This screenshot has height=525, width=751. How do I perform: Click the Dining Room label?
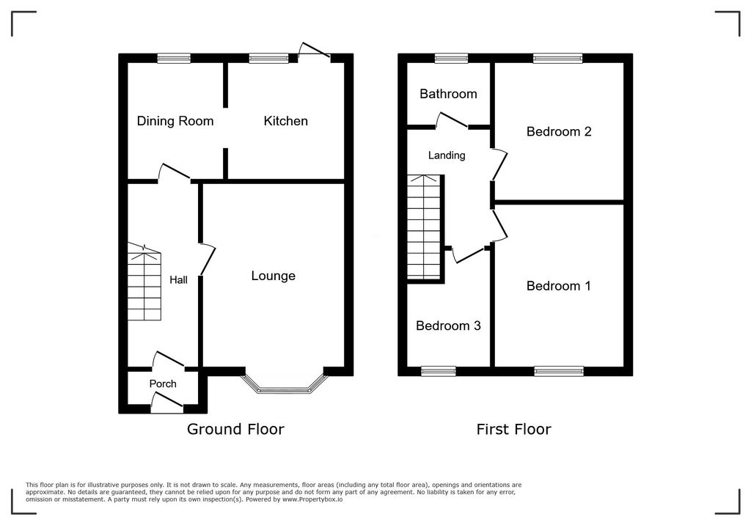point(175,121)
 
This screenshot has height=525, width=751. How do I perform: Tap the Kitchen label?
point(285,121)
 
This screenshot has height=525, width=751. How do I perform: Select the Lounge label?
point(273,276)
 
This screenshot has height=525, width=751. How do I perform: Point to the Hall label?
point(178,279)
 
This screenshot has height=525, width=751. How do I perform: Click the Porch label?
point(163,383)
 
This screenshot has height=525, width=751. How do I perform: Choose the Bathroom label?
point(448,94)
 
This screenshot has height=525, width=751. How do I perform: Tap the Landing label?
point(447,155)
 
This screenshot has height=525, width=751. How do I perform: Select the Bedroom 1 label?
point(558,286)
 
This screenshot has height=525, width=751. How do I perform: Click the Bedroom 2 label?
point(559,132)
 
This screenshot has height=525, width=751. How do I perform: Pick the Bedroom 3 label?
point(448,326)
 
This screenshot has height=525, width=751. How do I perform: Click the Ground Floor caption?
point(235,429)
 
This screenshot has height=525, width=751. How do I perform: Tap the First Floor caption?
point(513,429)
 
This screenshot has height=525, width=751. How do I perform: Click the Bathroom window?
point(451,58)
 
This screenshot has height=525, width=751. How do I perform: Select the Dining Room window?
point(174,58)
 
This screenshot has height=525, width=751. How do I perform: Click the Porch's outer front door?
point(166,403)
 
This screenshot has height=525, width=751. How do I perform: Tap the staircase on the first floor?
point(425,227)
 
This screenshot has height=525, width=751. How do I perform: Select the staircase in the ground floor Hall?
point(144,283)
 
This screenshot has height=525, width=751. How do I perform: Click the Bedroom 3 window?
point(438,371)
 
